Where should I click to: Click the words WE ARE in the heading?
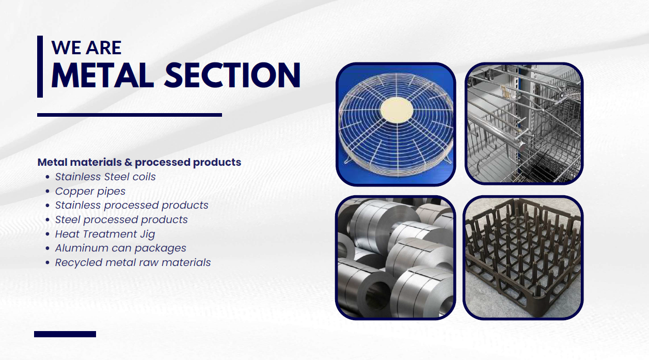pos(86,48)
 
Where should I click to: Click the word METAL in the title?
pos(103,75)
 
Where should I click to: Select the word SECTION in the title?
pos(232,75)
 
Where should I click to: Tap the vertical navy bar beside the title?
pos(40,67)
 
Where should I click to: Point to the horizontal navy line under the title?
pos(130,115)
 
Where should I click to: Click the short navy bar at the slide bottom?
pos(65,334)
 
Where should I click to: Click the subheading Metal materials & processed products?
pos(139,162)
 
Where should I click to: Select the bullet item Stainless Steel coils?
pos(105,177)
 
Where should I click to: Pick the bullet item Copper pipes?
pos(90,191)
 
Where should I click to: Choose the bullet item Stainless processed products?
pos(132,205)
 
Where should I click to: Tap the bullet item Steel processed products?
pos(121,220)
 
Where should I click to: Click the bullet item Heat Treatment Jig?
pos(105,234)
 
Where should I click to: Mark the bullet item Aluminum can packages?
pos(120,248)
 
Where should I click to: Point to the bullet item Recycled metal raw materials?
pos(133,262)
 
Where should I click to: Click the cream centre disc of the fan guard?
pos(397,110)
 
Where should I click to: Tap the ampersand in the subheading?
pos(129,162)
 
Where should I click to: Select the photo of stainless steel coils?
pos(395,258)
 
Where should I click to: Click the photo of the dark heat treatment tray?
pos(523,258)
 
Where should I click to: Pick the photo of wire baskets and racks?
pos(524,124)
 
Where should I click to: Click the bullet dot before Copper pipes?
pos(48,191)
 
